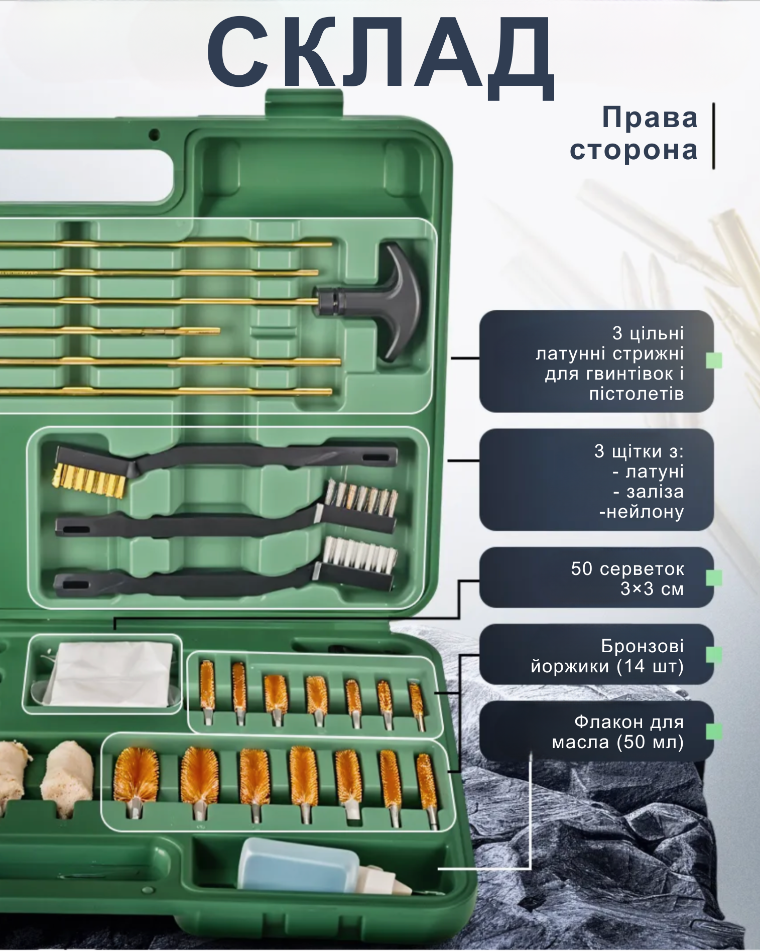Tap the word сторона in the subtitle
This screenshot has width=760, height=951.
click(634, 150)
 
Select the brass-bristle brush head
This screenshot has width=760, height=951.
click(89, 480)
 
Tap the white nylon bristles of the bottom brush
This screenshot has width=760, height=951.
click(359, 555)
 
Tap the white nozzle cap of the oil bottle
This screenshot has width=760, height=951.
click(384, 881)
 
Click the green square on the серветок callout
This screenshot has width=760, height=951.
click(714, 578)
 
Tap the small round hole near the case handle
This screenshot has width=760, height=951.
click(154, 135)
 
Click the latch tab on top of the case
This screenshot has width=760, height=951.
click(304, 103)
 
